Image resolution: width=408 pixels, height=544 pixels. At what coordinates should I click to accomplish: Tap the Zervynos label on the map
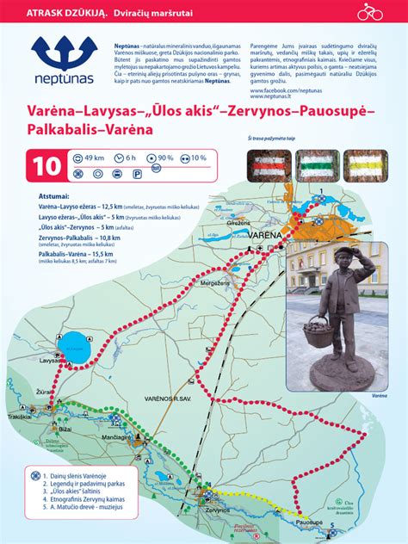point(194,510)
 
